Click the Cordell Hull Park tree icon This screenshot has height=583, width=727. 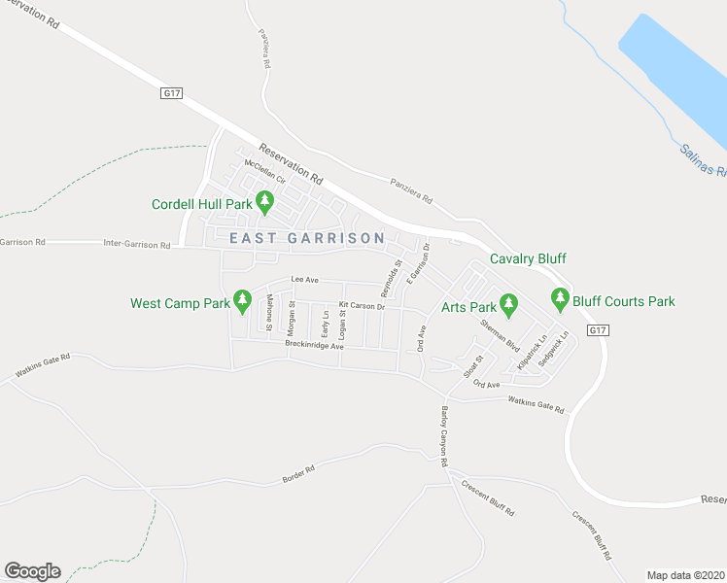[x=264, y=203]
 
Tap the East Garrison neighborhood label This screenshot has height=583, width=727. [x=307, y=238]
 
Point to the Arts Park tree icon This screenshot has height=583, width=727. [x=506, y=304]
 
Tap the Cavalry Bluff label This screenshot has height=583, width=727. [x=528, y=258]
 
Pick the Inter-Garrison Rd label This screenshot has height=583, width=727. [x=136, y=245]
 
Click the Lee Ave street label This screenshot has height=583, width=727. [x=304, y=280]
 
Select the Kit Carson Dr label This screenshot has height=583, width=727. [x=362, y=307]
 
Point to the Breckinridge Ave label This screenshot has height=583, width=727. [x=314, y=345]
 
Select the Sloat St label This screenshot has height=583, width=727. [x=472, y=366]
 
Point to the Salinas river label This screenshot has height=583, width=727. [x=702, y=159]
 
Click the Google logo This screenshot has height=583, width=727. [x=32, y=571]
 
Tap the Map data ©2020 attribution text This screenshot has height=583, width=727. [x=685, y=575]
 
